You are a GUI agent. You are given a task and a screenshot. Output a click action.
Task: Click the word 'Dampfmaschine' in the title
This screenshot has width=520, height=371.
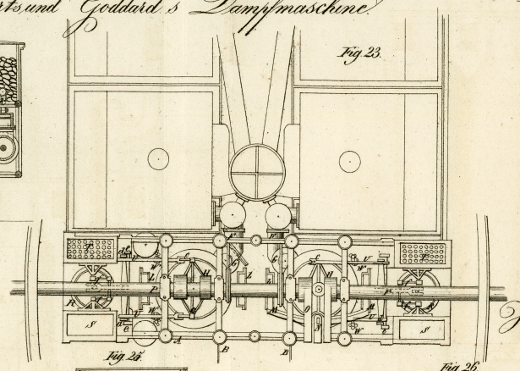coord(298,10)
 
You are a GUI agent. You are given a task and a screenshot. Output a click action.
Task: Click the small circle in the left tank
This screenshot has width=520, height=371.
coord(158,158)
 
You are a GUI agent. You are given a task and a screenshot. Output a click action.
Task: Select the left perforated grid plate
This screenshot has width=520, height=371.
coord(90,249)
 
